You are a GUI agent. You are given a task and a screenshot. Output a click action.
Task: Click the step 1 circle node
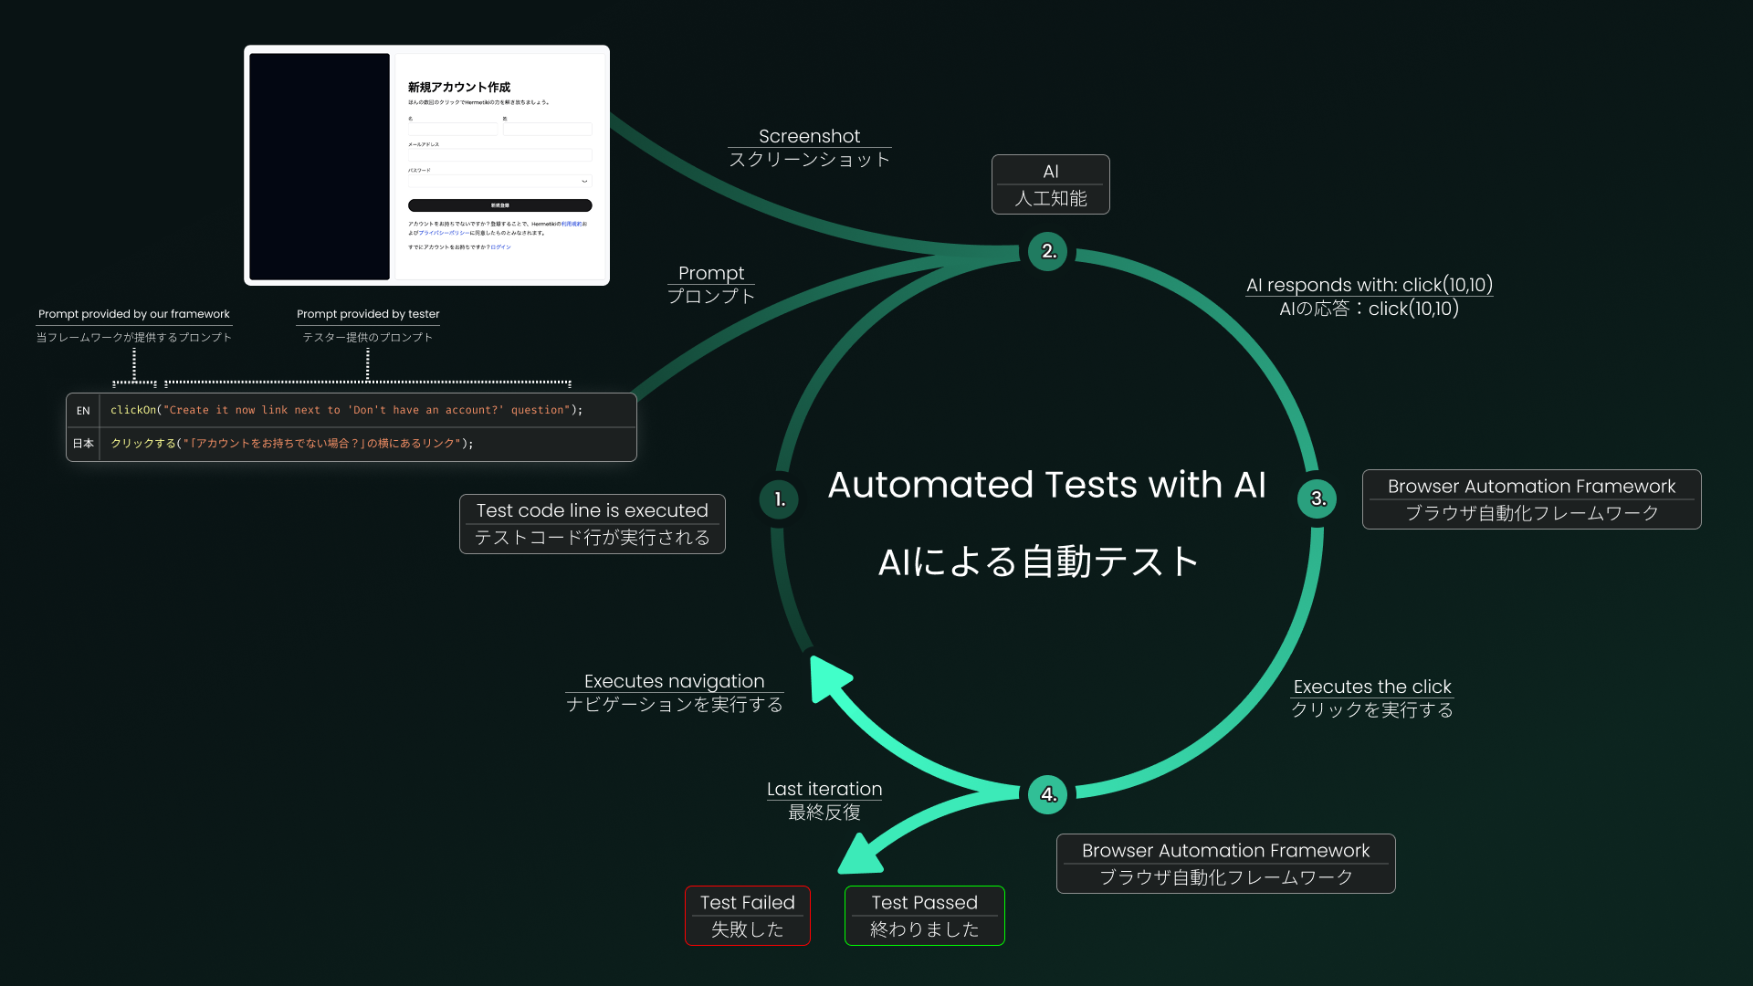[x=779, y=499]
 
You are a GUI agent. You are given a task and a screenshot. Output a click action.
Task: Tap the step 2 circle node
[x=1048, y=251]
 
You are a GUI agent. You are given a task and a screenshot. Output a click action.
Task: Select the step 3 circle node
[x=1317, y=498]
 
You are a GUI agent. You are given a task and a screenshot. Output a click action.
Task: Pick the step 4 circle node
[x=1048, y=794]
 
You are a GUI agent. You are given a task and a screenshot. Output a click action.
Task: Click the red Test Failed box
[x=748, y=916]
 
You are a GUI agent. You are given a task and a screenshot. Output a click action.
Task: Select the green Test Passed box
[x=924, y=916]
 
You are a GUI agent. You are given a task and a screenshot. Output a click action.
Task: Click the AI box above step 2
[x=1051, y=184]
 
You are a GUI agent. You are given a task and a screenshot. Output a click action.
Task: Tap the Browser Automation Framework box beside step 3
[x=1531, y=499]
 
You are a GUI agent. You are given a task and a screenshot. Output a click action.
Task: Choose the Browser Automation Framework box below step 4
[x=1225, y=864]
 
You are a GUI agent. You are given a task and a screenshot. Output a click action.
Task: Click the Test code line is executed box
[x=593, y=524]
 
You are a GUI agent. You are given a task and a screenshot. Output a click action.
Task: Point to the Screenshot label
[x=809, y=137]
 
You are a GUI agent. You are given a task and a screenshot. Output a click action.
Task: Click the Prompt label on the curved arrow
[x=711, y=274]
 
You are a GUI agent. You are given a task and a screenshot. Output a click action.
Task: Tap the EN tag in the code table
[x=83, y=411]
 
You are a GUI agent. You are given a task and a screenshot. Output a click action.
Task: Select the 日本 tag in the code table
[x=83, y=444]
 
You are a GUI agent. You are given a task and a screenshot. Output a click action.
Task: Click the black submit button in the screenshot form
[x=499, y=205]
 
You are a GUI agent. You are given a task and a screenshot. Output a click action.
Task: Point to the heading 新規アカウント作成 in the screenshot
[x=459, y=88]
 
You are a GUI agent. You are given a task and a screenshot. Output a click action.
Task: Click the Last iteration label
[x=824, y=790]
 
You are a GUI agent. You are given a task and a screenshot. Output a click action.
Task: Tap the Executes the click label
[x=1371, y=687]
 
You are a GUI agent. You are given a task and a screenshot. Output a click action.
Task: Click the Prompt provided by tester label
[x=368, y=314]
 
